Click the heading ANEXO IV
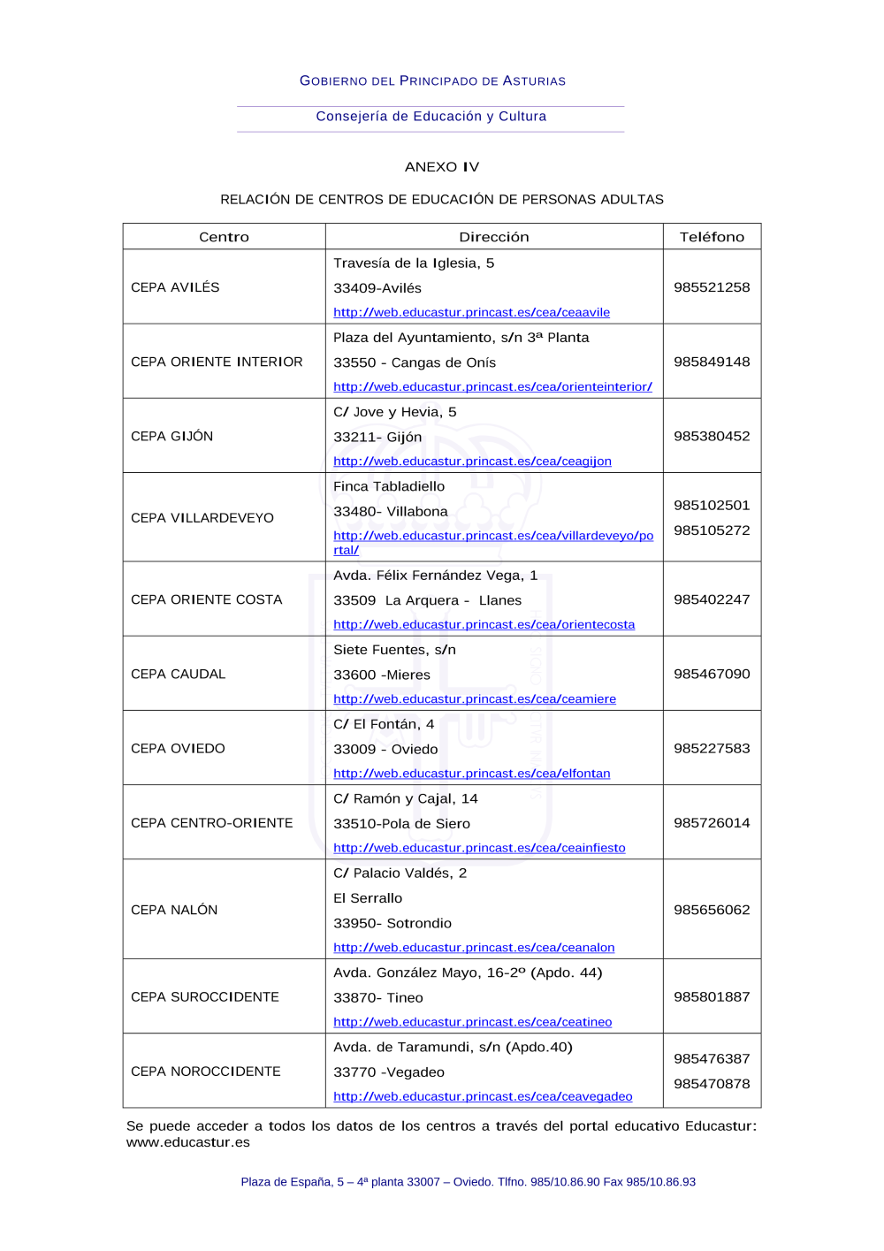[441, 167]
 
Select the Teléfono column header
[712, 237]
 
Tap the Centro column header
[224, 237]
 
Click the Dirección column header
[493, 237]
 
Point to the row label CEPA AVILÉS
[175, 287]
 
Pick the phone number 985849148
[712, 362]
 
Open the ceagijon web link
[472, 461]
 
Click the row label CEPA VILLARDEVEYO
[202, 518]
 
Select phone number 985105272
[712, 530]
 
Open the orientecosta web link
[484, 624]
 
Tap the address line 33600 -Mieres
[382, 675]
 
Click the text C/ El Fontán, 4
[384, 724]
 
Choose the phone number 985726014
[712, 822]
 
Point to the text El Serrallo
[368, 898]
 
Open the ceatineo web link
[472, 1022]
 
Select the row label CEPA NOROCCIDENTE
[206, 1072]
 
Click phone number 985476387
[712, 1058]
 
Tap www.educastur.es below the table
[188, 1142]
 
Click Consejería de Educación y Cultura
[431, 117]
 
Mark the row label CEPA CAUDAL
[178, 674]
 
